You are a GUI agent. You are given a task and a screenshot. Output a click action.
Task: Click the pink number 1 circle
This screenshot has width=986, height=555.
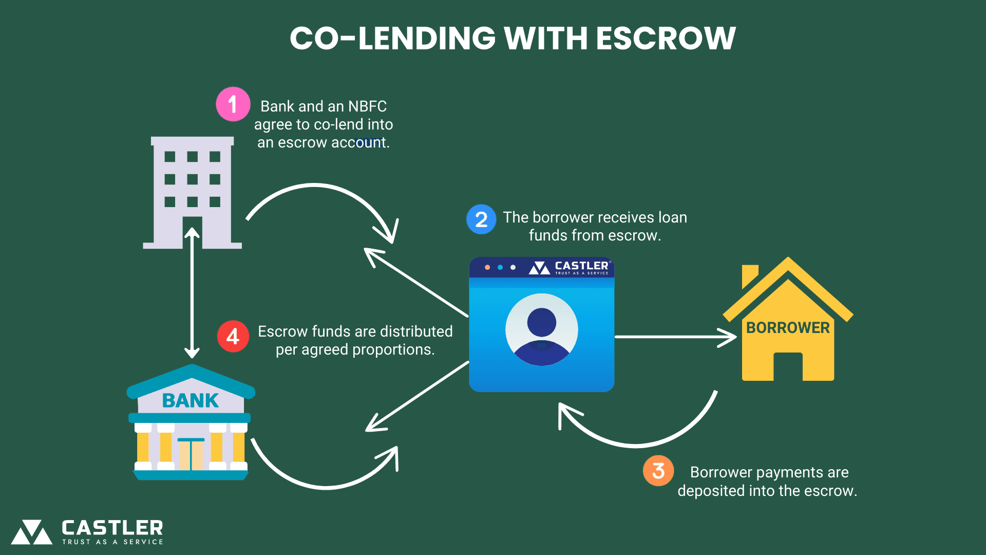click(x=233, y=104)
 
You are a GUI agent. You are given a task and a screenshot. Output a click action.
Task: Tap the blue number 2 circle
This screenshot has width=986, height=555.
click(x=481, y=219)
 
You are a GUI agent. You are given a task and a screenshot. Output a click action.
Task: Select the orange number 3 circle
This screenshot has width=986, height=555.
click(x=658, y=471)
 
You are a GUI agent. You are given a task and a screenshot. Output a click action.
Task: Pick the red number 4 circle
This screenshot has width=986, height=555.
click(x=233, y=337)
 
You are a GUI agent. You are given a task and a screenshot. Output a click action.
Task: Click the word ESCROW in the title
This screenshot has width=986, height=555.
click(x=666, y=39)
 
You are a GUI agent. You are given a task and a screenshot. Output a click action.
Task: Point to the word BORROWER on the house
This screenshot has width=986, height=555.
click(x=787, y=328)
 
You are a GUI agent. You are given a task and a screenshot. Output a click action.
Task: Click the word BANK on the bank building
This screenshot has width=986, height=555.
click(x=191, y=400)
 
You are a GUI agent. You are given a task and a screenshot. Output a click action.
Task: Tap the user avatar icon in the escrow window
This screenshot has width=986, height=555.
click(x=542, y=329)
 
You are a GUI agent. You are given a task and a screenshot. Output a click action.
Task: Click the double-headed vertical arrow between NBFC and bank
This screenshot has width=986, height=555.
click(x=192, y=293)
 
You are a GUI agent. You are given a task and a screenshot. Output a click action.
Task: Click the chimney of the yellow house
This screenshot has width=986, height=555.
click(x=749, y=275)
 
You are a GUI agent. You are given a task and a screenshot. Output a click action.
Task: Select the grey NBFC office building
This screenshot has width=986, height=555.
click(x=193, y=192)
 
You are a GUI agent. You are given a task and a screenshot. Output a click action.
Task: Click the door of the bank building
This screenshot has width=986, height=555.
click(x=191, y=455)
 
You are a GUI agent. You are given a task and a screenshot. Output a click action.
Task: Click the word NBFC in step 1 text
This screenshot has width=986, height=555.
click(x=367, y=106)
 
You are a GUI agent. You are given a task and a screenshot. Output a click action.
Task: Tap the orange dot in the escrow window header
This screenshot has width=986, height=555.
click(x=487, y=267)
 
